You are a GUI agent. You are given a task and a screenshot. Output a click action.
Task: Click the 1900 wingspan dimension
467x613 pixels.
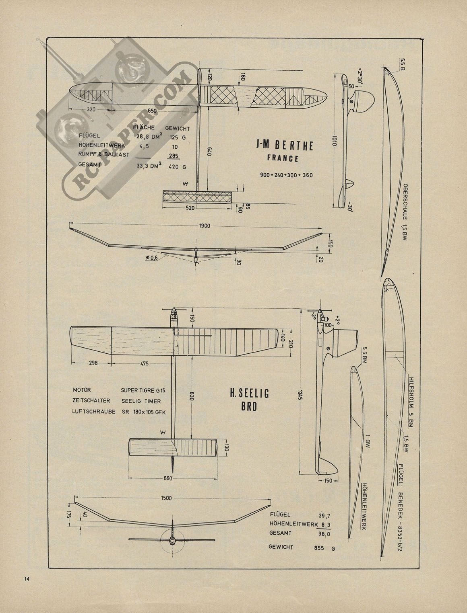pos(205,226)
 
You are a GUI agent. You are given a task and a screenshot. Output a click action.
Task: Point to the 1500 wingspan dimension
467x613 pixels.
pos(166,498)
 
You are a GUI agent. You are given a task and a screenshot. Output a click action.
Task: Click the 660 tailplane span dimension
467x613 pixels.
pos(168,478)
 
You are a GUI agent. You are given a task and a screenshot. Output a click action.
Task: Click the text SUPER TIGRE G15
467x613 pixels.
pos(141,390)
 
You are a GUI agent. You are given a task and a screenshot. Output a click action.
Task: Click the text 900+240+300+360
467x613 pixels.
pos(286,175)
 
